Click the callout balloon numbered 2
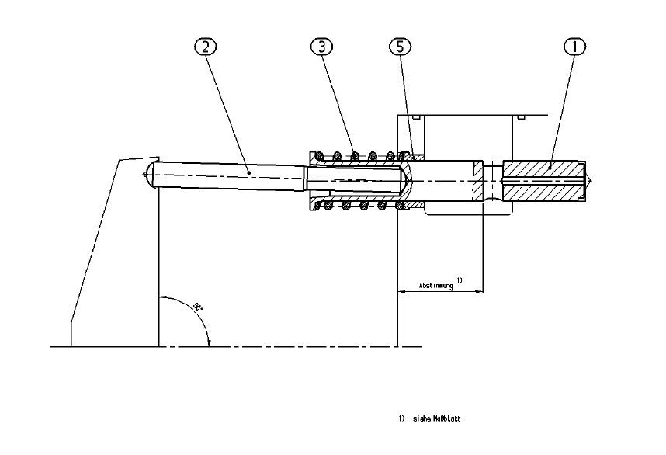click(x=204, y=47)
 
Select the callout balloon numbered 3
click(x=322, y=47)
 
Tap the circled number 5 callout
click(x=398, y=47)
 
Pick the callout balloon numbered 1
click(x=574, y=47)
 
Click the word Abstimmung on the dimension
click(x=435, y=285)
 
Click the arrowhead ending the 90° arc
click(x=209, y=342)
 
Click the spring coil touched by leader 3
click(x=355, y=155)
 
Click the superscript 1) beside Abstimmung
click(x=460, y=280)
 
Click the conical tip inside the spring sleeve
click(x=407, y=181)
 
